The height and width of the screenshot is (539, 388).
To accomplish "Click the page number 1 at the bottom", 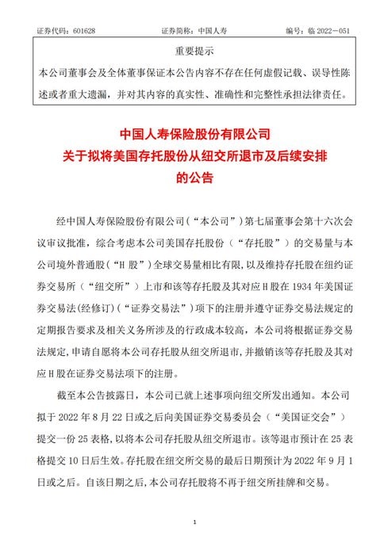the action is (x=194, y=522).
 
